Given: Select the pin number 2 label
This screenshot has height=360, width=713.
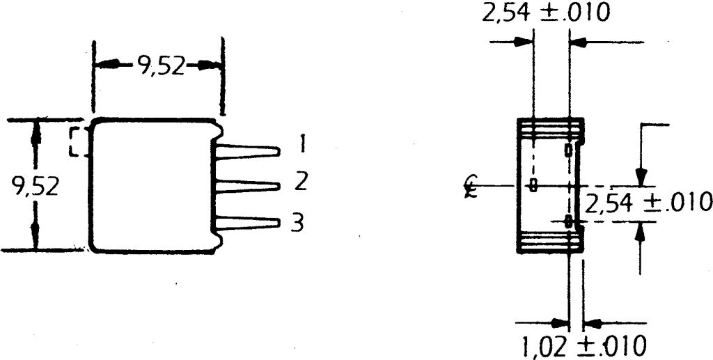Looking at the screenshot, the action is point(301,182).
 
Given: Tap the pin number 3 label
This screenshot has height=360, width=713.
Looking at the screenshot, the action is point(297,224).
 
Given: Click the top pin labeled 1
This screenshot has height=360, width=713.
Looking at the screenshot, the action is point(247,150).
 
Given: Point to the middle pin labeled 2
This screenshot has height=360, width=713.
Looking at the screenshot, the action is point(247,185).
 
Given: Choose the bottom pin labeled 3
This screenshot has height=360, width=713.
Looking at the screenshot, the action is point(247,223).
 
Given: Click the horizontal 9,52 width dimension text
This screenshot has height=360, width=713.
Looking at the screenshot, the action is point(160,66).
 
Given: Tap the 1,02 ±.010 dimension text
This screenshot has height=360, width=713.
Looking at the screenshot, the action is point(583,345).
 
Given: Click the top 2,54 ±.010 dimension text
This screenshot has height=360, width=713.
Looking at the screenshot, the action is point(545,13).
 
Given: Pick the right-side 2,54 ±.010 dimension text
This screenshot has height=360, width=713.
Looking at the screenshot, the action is point(648,203).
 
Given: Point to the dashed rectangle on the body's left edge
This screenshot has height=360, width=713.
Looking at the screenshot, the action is point(78,142).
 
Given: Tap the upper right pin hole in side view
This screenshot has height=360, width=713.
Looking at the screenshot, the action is point(569,150).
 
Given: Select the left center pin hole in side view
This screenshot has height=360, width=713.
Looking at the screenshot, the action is point(533,185).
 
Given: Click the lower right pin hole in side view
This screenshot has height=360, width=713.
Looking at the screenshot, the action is point(569,221).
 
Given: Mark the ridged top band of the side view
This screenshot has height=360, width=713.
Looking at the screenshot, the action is point(551,127).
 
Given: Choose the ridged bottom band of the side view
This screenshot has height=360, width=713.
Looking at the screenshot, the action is point(551,242).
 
